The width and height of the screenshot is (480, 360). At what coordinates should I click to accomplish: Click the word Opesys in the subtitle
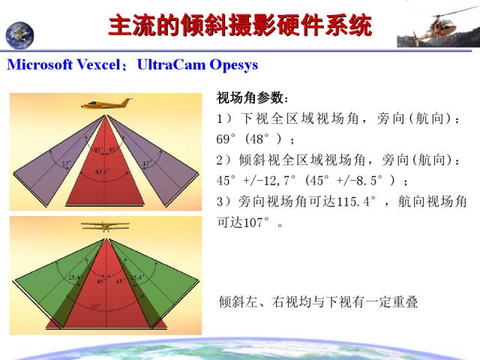232,64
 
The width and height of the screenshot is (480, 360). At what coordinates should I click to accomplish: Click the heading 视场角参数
251,99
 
